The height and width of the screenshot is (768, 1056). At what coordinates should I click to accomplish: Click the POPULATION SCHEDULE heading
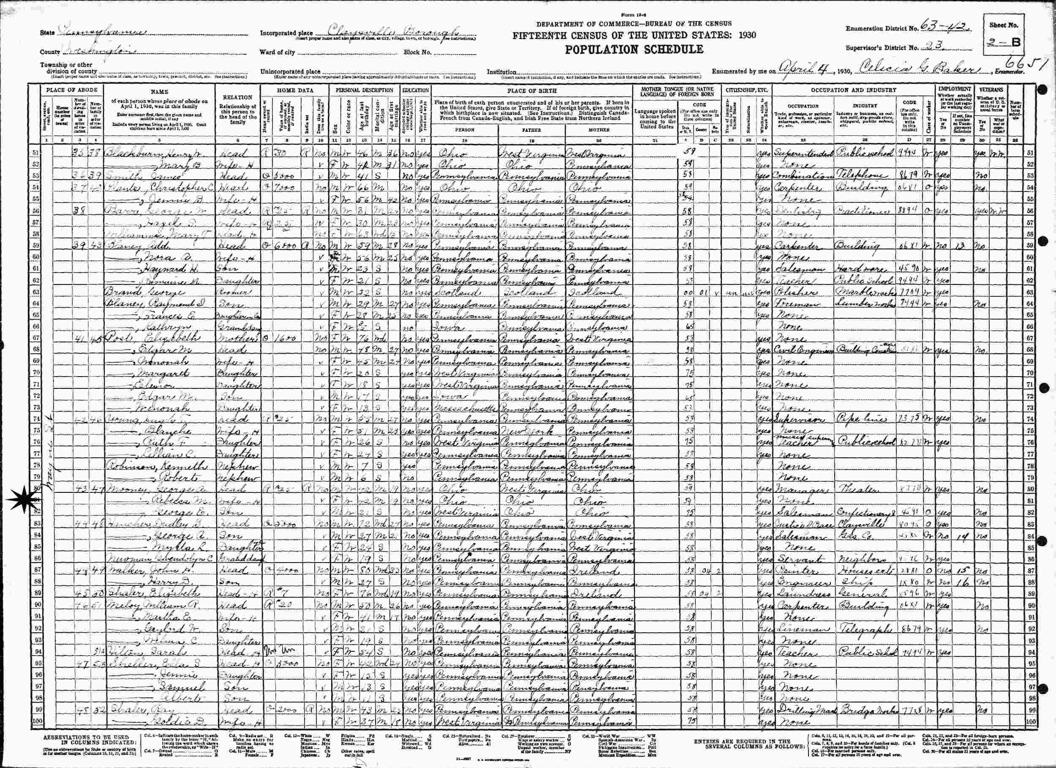[634, 49]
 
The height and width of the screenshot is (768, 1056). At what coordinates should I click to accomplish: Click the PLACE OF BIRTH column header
[531, 91]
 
